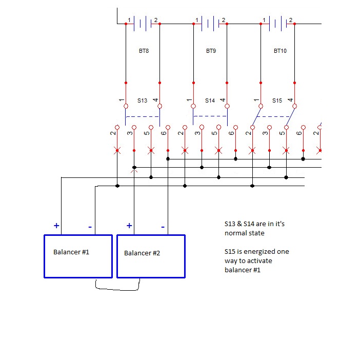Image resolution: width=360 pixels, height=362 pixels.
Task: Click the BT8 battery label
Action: (x=144, y=51)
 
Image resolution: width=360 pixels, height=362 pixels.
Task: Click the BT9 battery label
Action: (x=211, y=51)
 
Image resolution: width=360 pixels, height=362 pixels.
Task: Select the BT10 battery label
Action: (x=280, y=51)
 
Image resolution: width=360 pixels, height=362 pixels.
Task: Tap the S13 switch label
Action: (x=142, y=100)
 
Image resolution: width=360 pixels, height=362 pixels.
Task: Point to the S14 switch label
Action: (x=210, y=100)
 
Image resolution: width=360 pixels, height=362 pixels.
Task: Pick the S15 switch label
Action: (x=277, y=100)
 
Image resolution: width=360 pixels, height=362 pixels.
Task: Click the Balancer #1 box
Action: (x=78, y=256)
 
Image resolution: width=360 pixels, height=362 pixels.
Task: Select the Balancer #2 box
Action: (x=151, y=256)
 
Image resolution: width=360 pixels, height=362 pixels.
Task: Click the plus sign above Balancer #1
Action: (x=56, y=225)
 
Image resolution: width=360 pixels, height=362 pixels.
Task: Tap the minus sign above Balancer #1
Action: (x=90, y=226)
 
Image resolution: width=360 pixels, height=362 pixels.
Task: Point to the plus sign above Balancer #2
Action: (x=129, y=225)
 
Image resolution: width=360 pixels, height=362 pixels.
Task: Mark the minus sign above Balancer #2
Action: (x=163, y=226)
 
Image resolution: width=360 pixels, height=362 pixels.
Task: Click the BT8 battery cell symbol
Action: (x=142, y=23)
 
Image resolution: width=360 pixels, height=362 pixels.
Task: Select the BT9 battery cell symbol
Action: (x=210, y=23)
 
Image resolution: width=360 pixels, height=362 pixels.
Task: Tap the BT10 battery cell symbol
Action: (x=277, y=23)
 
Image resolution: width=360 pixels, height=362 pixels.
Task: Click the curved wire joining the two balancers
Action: (x=118, y=290)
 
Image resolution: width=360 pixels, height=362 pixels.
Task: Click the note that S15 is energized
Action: (x=256, y=260)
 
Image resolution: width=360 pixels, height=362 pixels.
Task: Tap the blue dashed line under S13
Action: (x=142, y=116)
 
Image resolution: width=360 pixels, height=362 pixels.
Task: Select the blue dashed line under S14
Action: (x=210, y=116)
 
